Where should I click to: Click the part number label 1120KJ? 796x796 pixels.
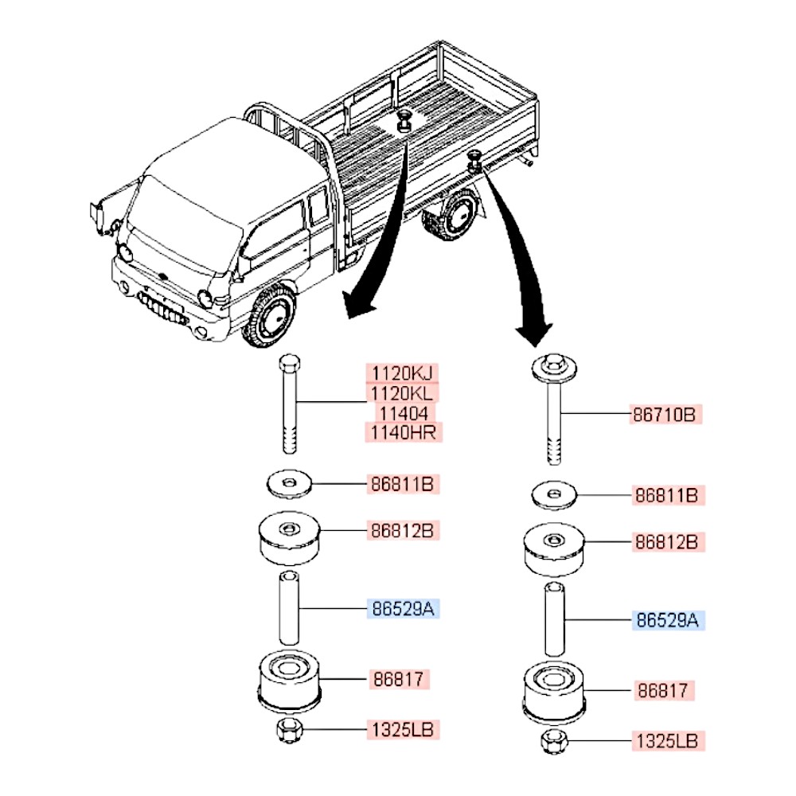point(401,373)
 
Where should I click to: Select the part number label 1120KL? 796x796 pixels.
point(401,392)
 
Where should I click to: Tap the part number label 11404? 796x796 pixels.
point(401,412)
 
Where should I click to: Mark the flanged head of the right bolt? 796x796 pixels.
point(554,369)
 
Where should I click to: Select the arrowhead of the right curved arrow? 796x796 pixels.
point(534,327)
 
